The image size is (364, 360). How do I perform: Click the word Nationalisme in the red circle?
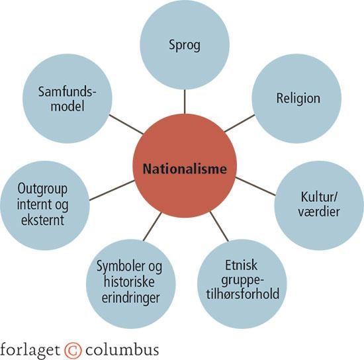click(x=185, y=169)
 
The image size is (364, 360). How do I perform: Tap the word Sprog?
click(x=185, y=46)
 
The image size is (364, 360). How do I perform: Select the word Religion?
click(x=298, y=99)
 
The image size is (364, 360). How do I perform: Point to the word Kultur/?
click(x=319, y=197)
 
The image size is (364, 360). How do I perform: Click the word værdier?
click(x=319, y=212)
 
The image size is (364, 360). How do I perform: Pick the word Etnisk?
click(x=242, y=265)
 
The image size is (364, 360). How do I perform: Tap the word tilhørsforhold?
click(x=243, y=294)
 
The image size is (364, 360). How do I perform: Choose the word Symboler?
click(x=120, y=266)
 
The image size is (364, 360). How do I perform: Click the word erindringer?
click(x=130, y=298)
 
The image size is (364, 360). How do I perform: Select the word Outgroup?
click(x=42, y=189)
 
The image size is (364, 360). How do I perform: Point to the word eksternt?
click(x=42, y=220)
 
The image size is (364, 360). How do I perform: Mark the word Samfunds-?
click(x=68, y=92)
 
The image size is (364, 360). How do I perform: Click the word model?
click(x=68, y=107)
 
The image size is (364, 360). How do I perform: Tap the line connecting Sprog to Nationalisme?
click(x=185, y=102)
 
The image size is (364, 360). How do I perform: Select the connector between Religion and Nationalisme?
click(x=240, y=123)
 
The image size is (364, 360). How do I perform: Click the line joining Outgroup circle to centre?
click(x=112, y=191)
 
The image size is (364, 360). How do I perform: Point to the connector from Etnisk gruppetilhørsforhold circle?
click(x=219, y=226)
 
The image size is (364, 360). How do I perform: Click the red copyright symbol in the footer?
click(x=73, y=350)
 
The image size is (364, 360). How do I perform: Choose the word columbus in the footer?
click(x=122, y=350)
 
